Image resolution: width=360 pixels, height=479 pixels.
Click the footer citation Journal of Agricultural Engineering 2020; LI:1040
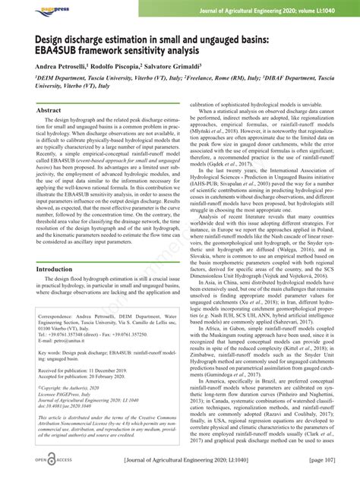(184, 461)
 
